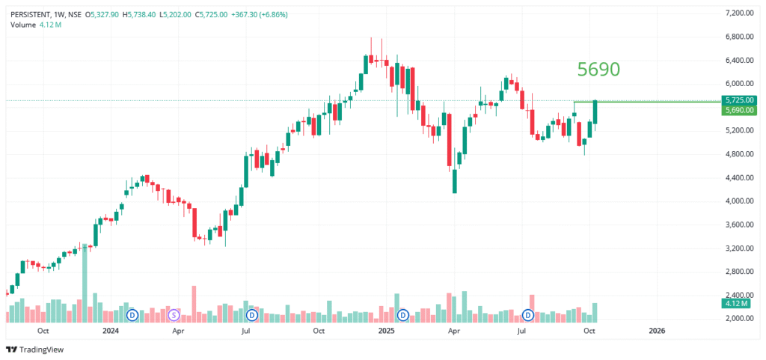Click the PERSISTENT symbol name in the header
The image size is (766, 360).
click(31, 14)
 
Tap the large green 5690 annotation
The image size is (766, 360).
click(598, 70)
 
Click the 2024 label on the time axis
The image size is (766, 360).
click(110, 330)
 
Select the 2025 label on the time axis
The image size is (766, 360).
click(386, 330)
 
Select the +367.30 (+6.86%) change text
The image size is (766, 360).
click(255, 14)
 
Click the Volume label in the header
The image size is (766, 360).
click(22, 25)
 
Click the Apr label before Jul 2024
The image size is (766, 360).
click(178, 330)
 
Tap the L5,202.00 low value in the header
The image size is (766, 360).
click(175, 14)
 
